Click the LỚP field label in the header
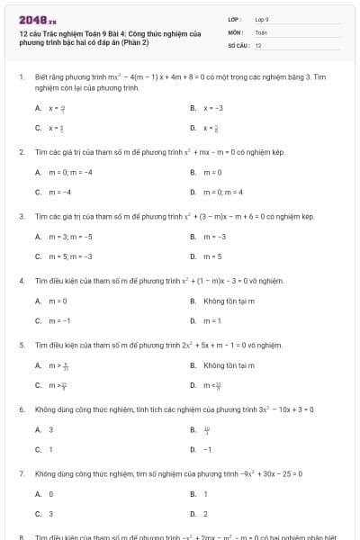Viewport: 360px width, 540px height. (x=233, y=18)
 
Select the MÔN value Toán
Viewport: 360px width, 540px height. (x=261, y=31)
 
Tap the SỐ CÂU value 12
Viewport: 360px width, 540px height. (x=258, y=44)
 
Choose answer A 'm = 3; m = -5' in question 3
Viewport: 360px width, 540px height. (x=68, y=237)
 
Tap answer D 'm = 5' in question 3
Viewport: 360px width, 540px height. (x=213, y=256)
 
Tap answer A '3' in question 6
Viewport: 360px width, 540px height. (x=50, y=429)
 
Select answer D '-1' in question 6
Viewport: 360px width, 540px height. (x=208, y=449)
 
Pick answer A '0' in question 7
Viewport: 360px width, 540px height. (x=50, y=493)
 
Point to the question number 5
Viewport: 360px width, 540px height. (x=21, y=345)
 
